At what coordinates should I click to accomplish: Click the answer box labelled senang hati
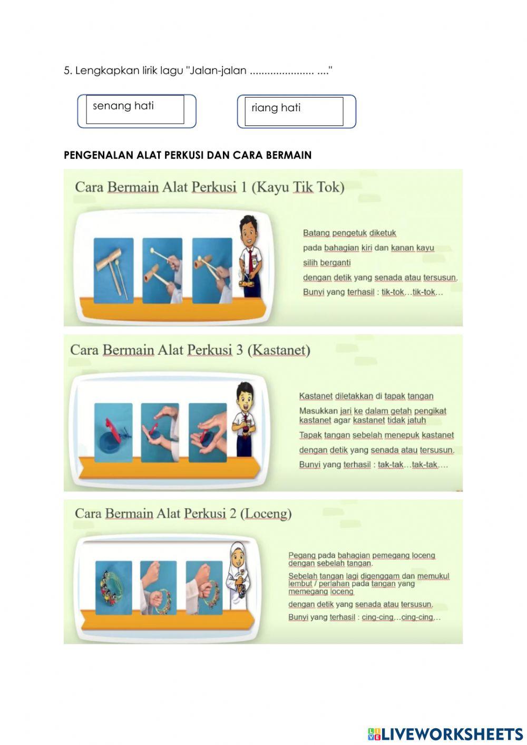tap(136, 111)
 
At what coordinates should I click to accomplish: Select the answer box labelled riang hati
tap(296, 111)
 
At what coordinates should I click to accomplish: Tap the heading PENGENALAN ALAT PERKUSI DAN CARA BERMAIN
tap(188, 156)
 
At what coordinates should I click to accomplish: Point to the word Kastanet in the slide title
tap(279, 350)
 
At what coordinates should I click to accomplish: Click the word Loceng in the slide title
tap(266, 513)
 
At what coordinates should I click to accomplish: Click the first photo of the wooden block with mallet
tap(114, 270)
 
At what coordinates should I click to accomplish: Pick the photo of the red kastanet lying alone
tap(113, 433)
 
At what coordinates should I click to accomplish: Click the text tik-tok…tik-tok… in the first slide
tap(412, 292)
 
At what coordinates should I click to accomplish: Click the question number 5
tap(67, 71)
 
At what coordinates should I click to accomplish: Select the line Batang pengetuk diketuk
tap(349, 233)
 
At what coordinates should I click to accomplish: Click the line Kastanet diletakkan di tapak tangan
tap(366, 396)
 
